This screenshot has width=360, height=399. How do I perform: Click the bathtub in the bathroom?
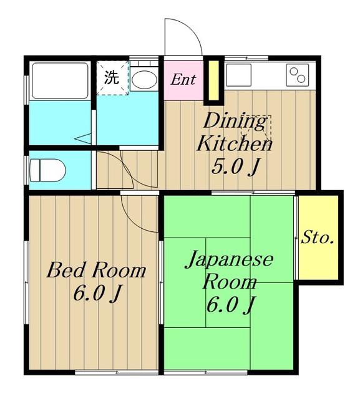coord(60,80)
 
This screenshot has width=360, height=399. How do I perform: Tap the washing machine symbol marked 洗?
coord(112,78)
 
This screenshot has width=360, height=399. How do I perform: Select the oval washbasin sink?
coord(144,79)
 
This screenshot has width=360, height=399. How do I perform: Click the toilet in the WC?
coord(47,170)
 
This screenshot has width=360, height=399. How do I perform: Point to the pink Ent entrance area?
coord(183,80)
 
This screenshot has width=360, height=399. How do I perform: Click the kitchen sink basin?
coord(238,75)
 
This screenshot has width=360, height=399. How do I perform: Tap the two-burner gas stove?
coord(298,75)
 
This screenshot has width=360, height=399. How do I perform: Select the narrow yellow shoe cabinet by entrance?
coord(214,80)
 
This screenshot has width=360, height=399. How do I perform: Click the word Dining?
coord(235,122)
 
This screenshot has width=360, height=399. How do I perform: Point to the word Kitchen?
coord(234,143)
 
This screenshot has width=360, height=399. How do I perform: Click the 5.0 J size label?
coord(236,166)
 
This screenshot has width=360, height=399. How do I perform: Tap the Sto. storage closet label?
coord(317,238)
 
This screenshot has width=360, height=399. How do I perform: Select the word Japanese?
coord(229,260)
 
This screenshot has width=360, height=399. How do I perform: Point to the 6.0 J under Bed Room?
coord(97,294)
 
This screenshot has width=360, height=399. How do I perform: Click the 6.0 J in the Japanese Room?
coord(230,305)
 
